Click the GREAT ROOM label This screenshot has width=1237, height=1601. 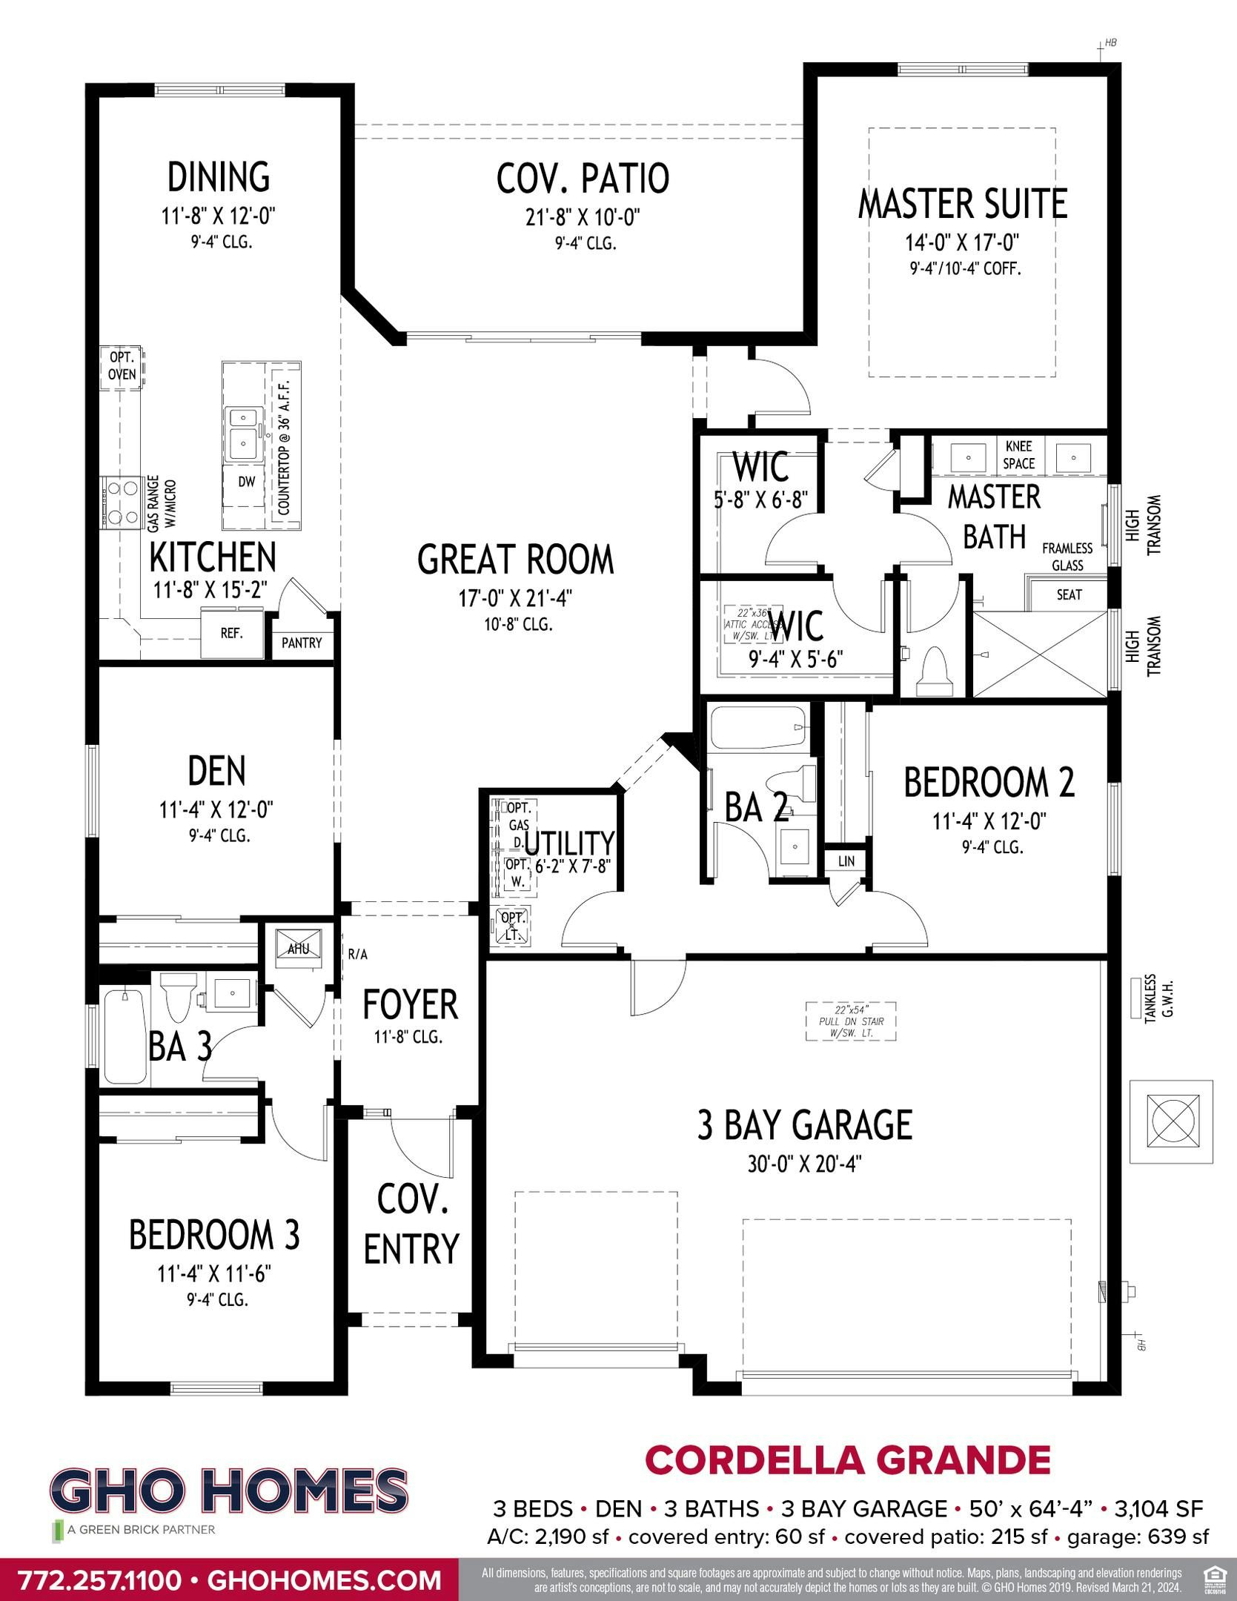515,560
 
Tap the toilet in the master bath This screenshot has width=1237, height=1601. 933,673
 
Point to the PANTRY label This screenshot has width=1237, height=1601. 302,643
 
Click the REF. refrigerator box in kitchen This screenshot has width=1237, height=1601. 231,634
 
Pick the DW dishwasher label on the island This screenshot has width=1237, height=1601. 247,482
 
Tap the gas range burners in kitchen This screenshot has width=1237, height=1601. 122,503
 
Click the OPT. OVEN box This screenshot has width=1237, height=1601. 122,366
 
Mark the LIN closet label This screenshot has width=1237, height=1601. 846,861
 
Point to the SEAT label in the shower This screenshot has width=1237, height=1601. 1069,594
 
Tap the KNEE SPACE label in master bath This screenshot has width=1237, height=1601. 1019,455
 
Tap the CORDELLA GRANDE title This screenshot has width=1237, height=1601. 848,1461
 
